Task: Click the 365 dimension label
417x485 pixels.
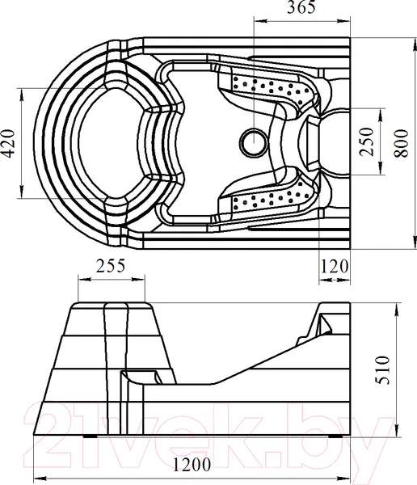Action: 301,6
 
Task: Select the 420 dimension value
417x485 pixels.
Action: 8,143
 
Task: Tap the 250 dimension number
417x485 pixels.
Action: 367,141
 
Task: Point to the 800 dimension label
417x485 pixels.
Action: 401,144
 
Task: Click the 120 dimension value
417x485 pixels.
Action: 335,266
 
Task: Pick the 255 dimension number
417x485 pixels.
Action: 111,266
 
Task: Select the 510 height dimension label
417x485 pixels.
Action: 382,370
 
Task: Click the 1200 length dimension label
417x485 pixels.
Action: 192,464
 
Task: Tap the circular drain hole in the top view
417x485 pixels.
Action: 254,142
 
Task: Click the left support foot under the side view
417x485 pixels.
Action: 90,436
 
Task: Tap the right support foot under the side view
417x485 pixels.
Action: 335,436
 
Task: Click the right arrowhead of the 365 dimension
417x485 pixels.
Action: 344,21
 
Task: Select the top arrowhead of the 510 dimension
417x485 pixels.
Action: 397,309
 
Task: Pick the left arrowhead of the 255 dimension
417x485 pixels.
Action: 84,280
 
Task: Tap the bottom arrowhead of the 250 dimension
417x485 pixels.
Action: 380,169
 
